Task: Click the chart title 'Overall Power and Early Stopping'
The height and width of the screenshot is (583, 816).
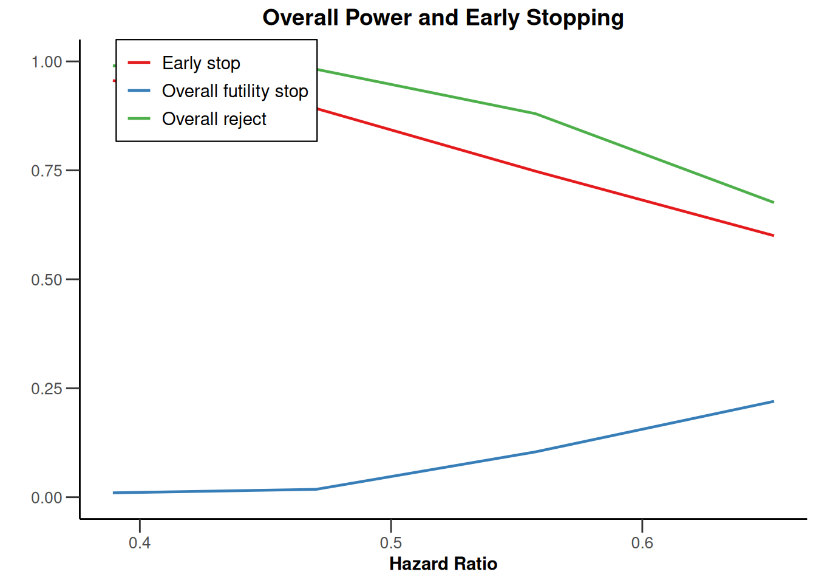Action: coord(443,18)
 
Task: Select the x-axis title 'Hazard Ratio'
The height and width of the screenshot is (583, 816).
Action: coord(443,564)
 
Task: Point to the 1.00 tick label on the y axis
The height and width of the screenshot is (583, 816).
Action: coord(47,62)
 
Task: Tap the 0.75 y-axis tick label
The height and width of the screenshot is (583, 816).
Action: coord(47,171)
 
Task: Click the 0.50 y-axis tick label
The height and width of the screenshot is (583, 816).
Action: coord(47,280)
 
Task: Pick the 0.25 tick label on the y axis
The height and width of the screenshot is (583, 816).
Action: coord(47,389)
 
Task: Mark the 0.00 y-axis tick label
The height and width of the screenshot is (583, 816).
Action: coord(47,497)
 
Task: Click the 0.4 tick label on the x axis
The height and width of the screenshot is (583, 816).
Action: coord(140,542)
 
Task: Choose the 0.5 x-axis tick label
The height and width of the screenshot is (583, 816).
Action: coord(391,542)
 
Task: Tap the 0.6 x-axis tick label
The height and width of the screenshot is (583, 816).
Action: coord(642,542)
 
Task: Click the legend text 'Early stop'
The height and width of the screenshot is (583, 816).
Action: coord(201,63)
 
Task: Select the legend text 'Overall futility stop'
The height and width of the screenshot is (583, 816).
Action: coord(235,91)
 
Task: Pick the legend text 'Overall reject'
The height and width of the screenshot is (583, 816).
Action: coord(214,119)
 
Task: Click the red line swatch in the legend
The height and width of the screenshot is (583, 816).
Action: coord(139,63)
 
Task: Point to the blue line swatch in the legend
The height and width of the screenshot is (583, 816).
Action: coord(139,90)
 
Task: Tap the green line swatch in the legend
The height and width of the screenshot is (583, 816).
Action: coord(139,118)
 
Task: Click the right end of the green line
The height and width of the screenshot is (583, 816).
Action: coord(773,202)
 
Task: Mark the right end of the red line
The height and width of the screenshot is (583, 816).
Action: coord(773,236)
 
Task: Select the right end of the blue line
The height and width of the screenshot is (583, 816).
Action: coord(773,401)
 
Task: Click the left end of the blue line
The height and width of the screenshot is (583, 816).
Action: coord(114,493)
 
